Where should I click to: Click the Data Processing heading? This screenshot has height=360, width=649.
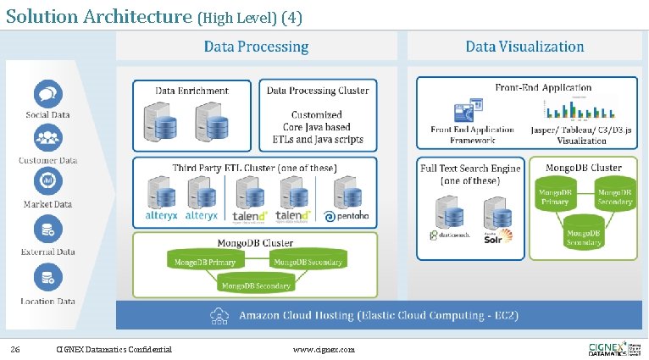256,47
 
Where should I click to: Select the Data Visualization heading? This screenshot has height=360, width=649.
524,47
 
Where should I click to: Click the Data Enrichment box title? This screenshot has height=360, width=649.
191,90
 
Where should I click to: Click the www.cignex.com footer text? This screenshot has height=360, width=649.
324,349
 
